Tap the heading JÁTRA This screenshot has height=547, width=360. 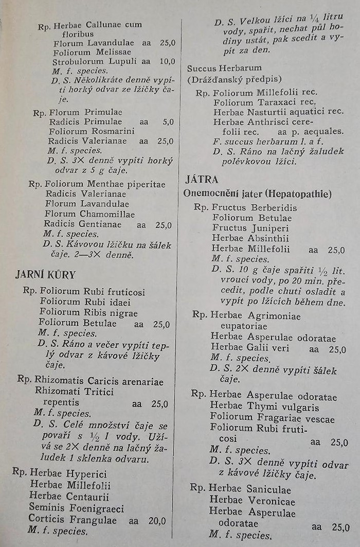coord(202,180)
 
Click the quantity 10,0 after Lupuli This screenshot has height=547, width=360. coord(167,61)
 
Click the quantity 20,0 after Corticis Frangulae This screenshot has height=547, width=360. coord(157,520)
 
